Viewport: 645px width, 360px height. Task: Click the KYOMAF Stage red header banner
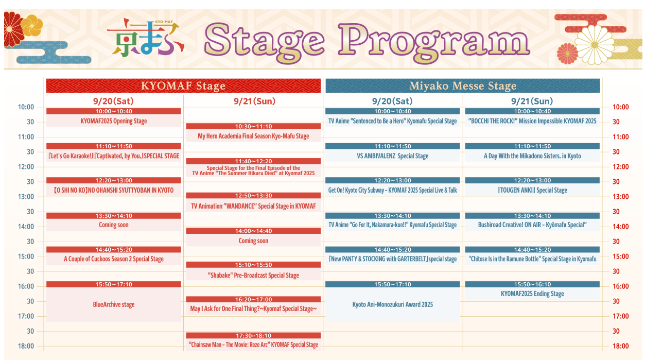pyautogui.click(x=183, y=86)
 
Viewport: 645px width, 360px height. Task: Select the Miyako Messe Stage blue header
pyautogui.click(x=463, y=86)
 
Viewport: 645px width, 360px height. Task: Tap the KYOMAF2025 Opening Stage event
pyautogui.click(x=113, y=121)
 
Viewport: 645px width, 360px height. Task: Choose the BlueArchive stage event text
pyautogui.click(x=113, y=304)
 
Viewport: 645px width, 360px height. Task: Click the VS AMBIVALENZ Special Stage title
pyautogui.click(x=392, y=156)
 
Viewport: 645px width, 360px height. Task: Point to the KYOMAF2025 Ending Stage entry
pyautogui.click(x=532, y=294)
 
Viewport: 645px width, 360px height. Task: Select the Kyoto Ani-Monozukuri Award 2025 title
pyautogui.click(x=392, y=304)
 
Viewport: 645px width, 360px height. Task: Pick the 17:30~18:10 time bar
pyautogui.click(x=253, y=335)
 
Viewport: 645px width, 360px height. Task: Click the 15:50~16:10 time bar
pyautogui.click(x=532, y=284)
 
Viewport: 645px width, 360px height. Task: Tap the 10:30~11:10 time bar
pyautogui.click(x=253, y=126)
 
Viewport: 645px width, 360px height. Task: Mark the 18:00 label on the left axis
pyautogui.click(x=26, y=346)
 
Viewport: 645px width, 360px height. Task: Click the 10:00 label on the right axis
pyautogui.click(x=620, y=107)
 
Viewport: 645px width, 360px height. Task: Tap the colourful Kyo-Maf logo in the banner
pyautogui.click(x=146, y=38)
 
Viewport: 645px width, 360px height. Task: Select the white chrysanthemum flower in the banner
pyautogui.click(x=594, y=45)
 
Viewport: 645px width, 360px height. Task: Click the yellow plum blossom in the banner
pyautogui.click(x=32, y=25)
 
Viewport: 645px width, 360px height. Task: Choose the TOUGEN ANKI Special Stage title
pyautogui.click(x=532, y=190)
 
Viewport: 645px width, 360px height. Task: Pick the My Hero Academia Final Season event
pyautogui.click(x=253, y=136)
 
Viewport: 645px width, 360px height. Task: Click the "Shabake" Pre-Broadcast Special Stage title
pyautogui.click(x=253, y=276)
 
